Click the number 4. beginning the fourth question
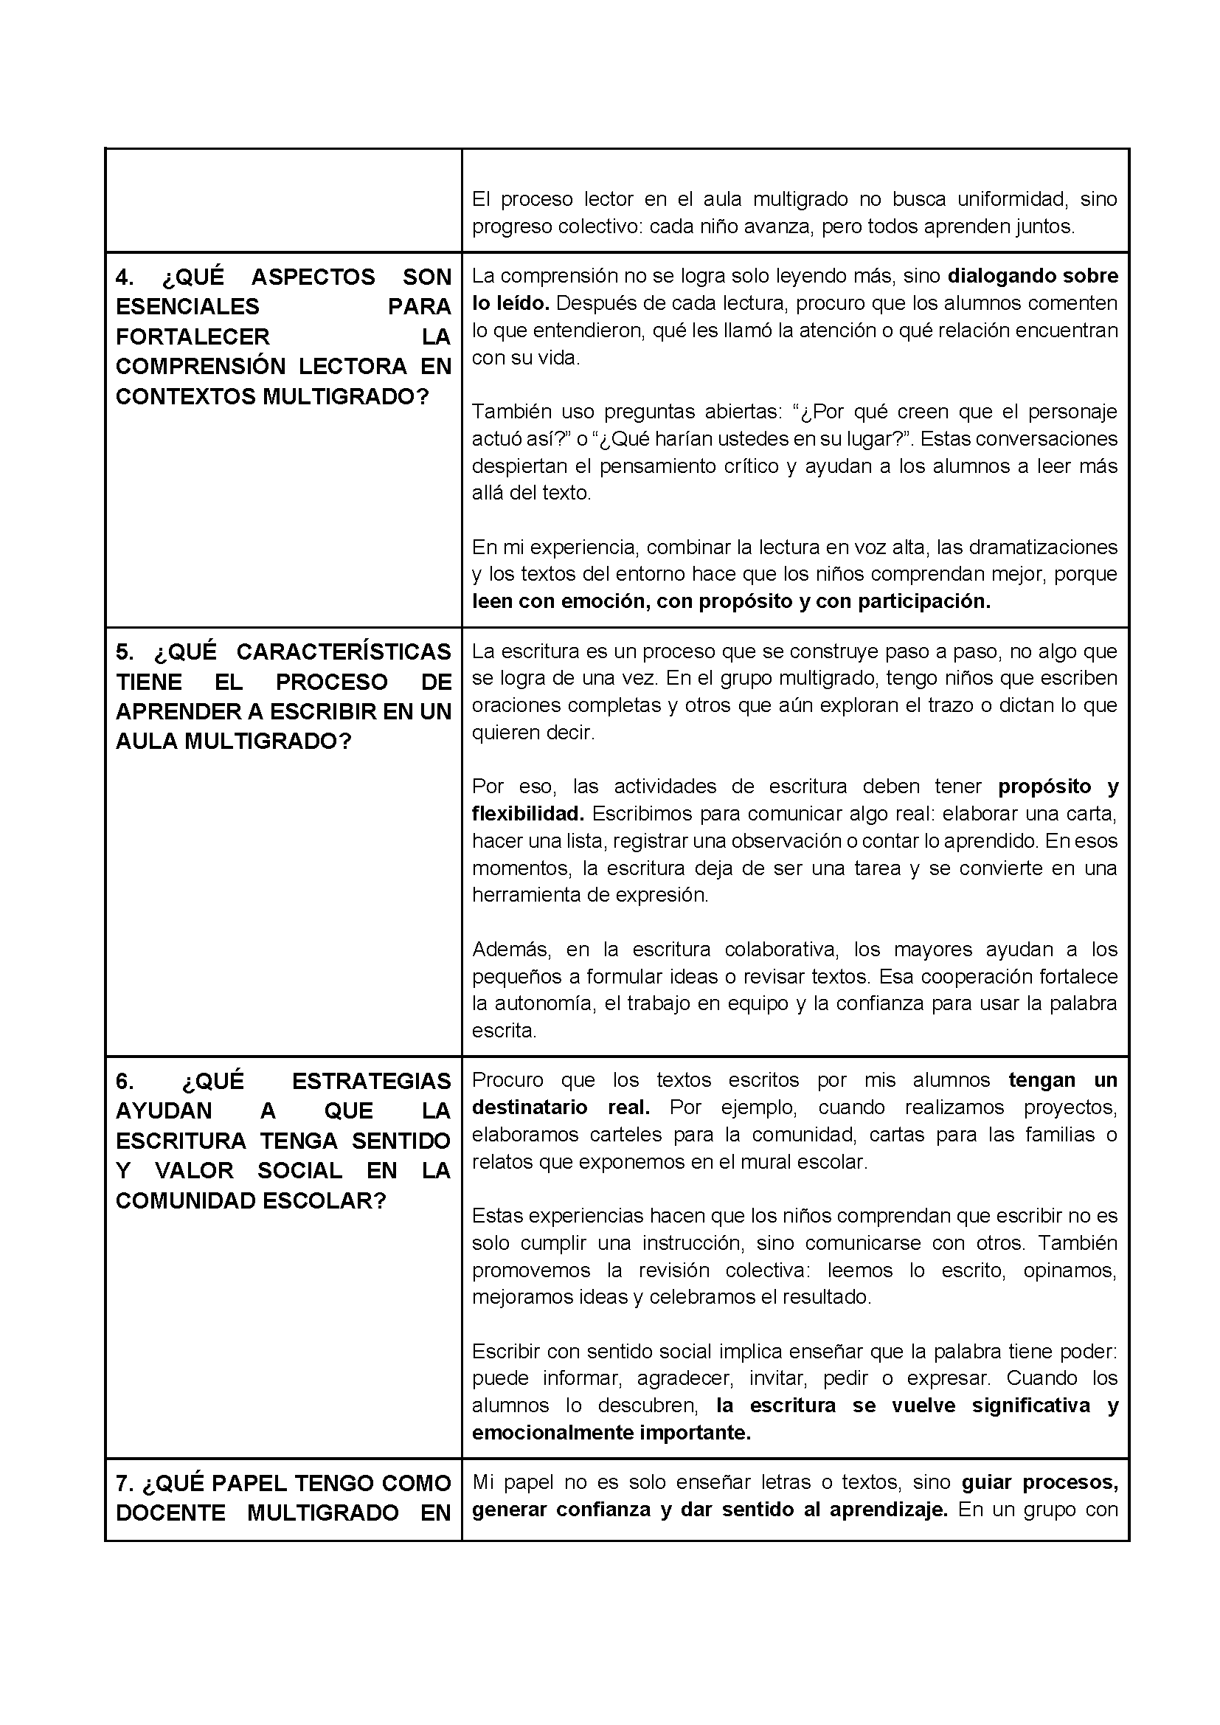[x=125, y=277]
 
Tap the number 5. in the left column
[x=124, y=651]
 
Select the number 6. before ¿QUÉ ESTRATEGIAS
[x=125, y=1081]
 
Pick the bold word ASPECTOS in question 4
[x=313, y=277]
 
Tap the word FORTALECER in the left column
[x=193, y=336]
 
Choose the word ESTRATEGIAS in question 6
[x=371, y=1081]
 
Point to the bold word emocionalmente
[x=552, y=1433]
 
